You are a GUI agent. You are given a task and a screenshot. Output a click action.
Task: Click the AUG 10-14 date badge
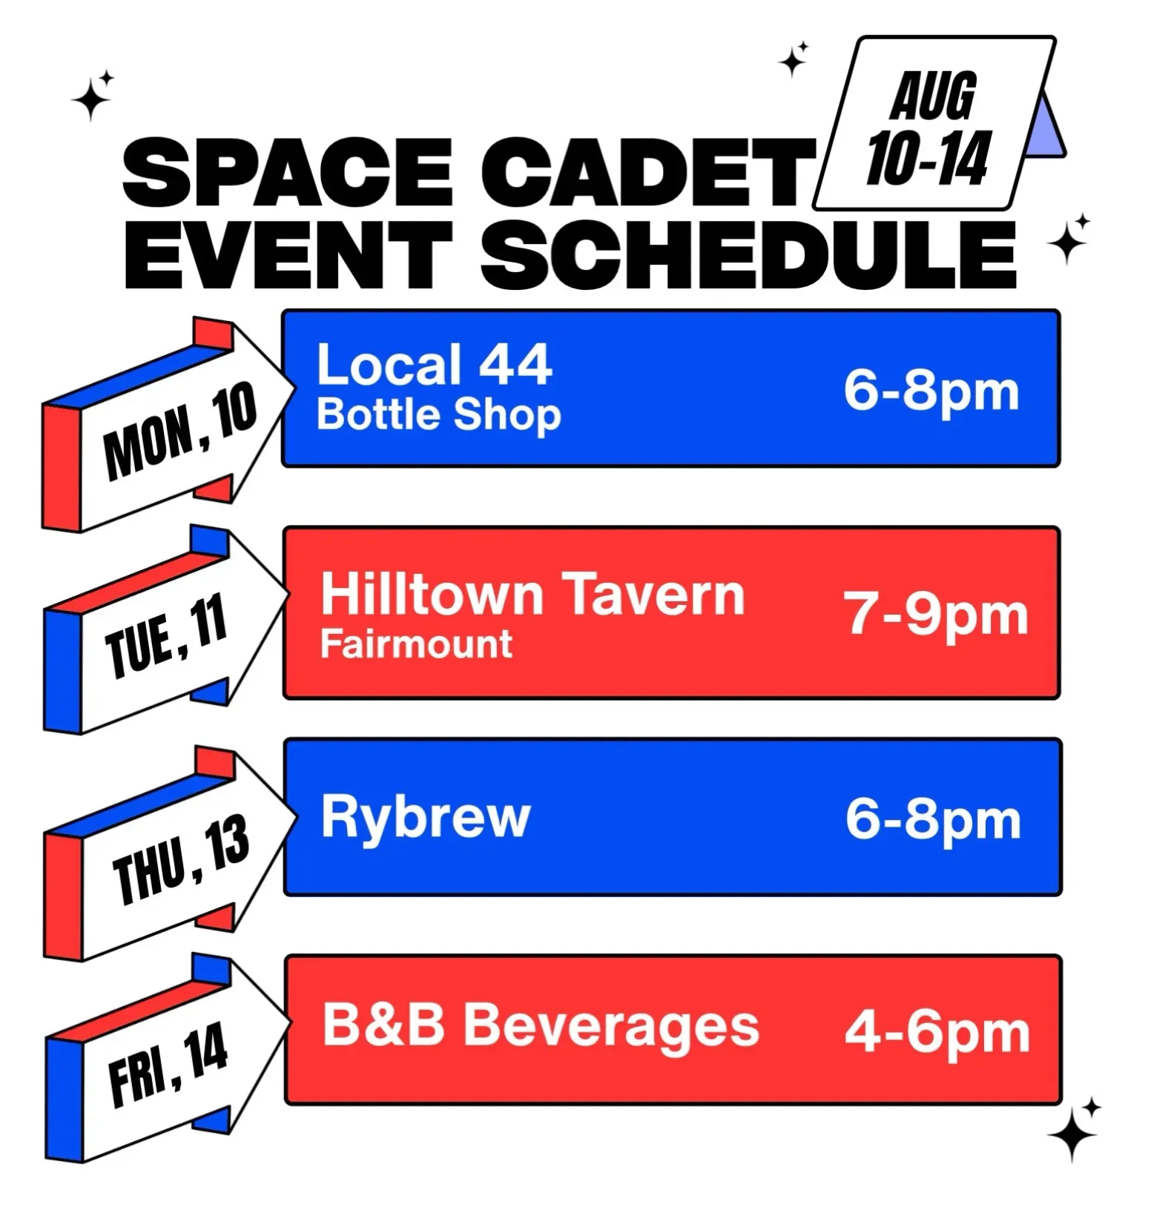(x=934, y=125)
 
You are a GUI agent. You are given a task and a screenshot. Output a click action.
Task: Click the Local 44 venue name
(x=434, y=365)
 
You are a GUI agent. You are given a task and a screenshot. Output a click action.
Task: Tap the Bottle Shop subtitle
(x=438, y=415)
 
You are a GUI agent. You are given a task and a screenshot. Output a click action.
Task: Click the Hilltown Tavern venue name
(x=532, y=595)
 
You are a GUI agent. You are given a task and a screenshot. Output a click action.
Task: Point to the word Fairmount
(x=416, y=644)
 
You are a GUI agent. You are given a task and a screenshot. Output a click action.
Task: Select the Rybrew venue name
(x=426, y=817)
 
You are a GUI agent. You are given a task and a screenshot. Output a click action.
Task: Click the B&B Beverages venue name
(x=541, y=1028)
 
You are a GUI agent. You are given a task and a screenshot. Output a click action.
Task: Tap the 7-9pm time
(x=936, y=615)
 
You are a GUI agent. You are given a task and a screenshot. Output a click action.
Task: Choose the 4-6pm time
(x=937, y=1032)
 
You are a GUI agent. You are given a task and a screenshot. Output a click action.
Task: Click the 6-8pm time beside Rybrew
(x=933, y=820)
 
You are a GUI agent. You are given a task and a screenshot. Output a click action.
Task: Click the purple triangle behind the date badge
(x=1046, y=130)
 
